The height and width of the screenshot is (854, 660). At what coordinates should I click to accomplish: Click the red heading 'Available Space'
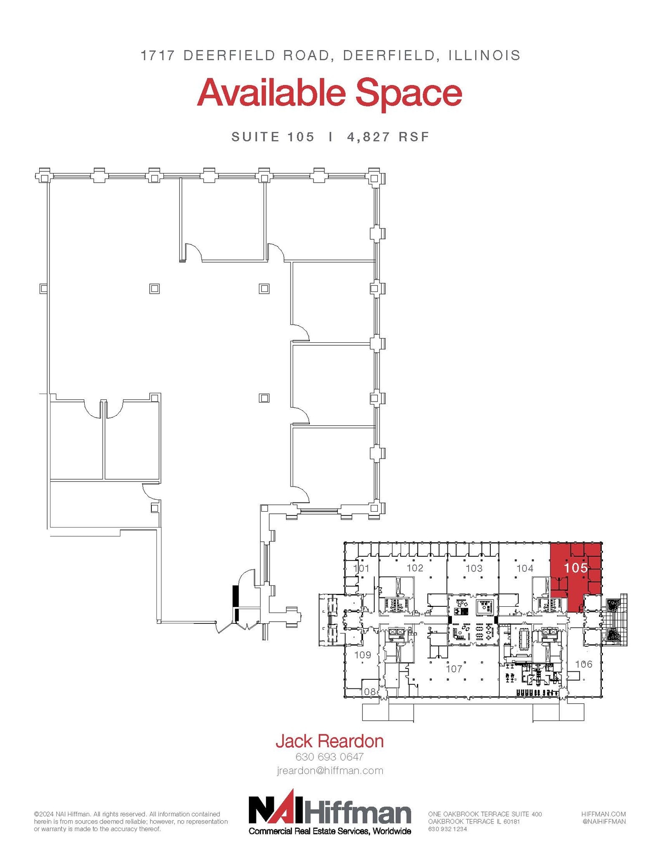coord(329,94)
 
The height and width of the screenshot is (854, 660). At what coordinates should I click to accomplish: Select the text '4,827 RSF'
coord(388,137)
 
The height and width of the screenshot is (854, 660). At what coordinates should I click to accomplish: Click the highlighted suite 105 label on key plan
coord(576,568)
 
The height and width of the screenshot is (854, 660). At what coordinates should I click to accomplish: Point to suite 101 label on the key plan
coord(361,568)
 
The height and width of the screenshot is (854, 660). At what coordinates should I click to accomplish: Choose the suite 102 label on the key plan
coord(415,568)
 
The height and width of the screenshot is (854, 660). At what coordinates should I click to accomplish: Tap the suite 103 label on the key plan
coord(474,568)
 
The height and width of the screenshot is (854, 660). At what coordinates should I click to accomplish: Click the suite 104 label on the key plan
coord(524,568)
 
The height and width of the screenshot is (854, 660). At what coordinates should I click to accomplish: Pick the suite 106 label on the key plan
coord(583,664)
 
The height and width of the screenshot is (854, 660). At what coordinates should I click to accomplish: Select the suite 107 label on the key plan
coord(454,669)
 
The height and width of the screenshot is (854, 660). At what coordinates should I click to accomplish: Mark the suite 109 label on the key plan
coord(362,655)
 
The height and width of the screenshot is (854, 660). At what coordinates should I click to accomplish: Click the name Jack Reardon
coord(329,741)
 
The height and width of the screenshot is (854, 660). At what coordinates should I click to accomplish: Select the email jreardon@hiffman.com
coord(329,771)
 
